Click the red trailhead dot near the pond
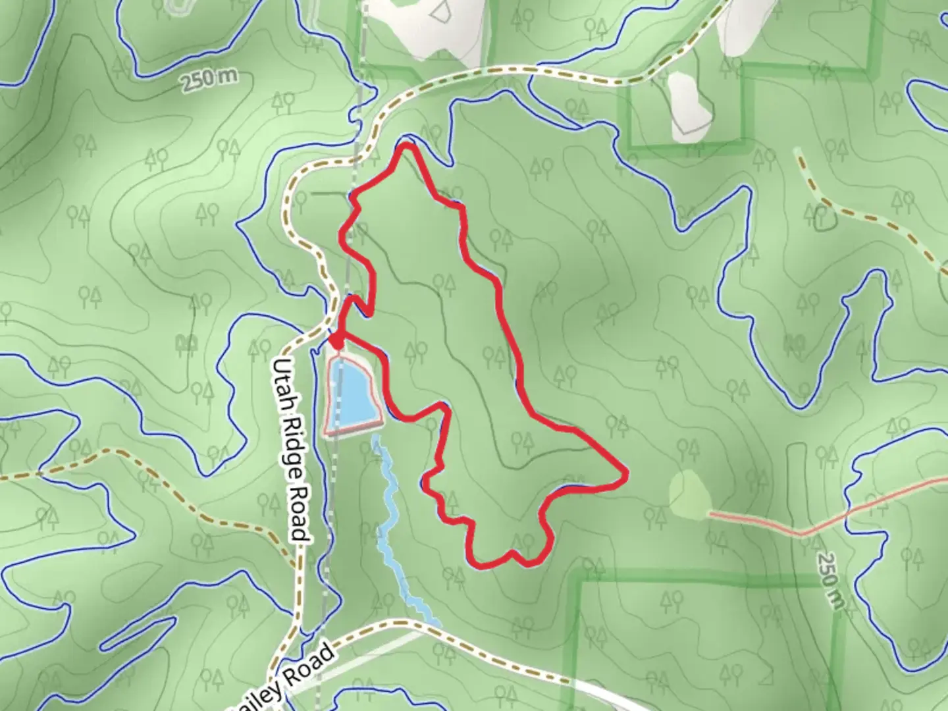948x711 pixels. point(336,342)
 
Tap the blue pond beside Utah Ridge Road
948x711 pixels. point(354,394)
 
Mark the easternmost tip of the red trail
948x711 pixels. point(626,473)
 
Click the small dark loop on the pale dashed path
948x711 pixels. point(823,217)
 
